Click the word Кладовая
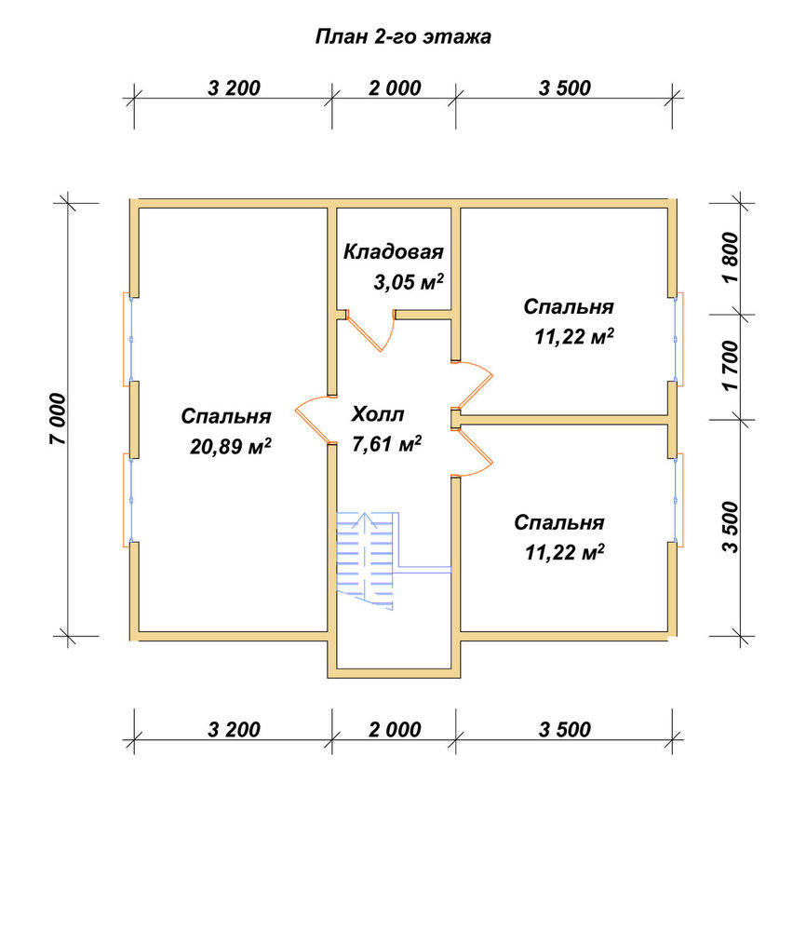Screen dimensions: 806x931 [394, 251]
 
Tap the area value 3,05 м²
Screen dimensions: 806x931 [409, 281]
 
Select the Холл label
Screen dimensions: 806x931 [378, 414]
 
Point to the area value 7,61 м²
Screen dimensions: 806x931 [387, 443]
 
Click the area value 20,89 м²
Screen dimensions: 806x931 [230, 445]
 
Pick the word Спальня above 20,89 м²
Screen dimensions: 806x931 [226, 416]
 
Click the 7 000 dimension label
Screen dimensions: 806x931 [59, 419]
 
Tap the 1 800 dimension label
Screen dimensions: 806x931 [731, 258]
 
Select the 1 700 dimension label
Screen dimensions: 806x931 [731, 366]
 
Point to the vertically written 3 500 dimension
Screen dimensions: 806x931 [731, 527]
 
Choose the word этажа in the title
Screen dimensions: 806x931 [457, 37]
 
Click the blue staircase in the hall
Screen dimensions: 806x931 [365, 561]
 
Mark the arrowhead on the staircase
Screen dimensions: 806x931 [363, 521]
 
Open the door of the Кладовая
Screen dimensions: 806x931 [371, 331]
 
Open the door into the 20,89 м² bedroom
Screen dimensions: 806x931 [314, 420]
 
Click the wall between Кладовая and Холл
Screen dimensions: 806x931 [423, 315]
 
